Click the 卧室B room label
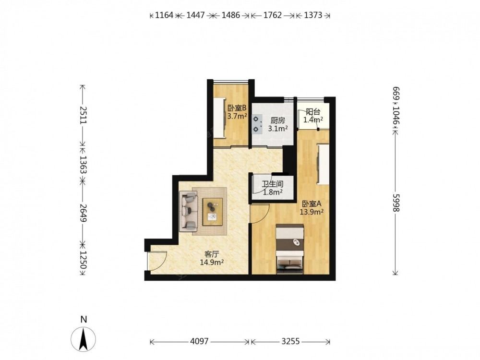[x=237, y=108]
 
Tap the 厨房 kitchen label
[x=277, y=120]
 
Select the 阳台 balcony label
[x=313, y=112]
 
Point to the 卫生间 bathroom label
[x=273, y=184]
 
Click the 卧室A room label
[x=312, y=204]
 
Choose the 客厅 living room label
[x=212, y=254]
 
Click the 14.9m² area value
[x=212, y=262]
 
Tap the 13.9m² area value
[x=312, y=212]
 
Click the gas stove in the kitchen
[x=257, y=124]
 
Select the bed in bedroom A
[x=290, y=249]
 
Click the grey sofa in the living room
[x=189, y=211]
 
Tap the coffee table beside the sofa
[x=213, y=212]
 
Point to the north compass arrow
[x=83, y=339]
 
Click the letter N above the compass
[x=84, y=319]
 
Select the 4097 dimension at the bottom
[x=199, y=341]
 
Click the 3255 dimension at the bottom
[x=290, y=341]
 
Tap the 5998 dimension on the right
[x=396, y=203]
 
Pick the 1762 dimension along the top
[x=273, y=15]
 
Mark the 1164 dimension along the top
[x=164, y=15]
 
